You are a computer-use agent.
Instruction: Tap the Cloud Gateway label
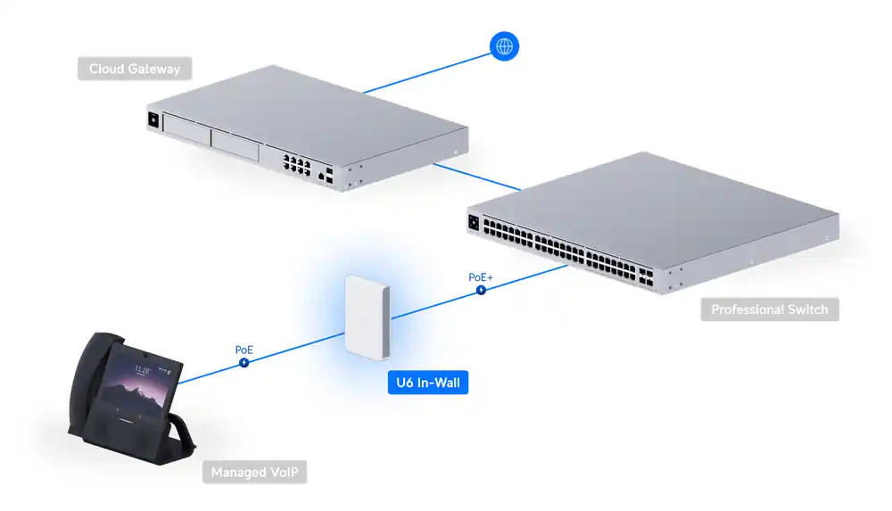135,69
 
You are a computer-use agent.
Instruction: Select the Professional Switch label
769,310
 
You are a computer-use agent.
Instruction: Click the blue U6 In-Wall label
426,383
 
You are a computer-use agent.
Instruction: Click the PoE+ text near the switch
481,277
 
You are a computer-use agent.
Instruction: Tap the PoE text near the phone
244,350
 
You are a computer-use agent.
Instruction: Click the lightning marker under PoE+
481,290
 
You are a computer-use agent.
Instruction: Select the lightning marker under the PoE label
244,362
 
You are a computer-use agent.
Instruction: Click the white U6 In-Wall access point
367,316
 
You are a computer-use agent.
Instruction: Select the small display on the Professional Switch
474,225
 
